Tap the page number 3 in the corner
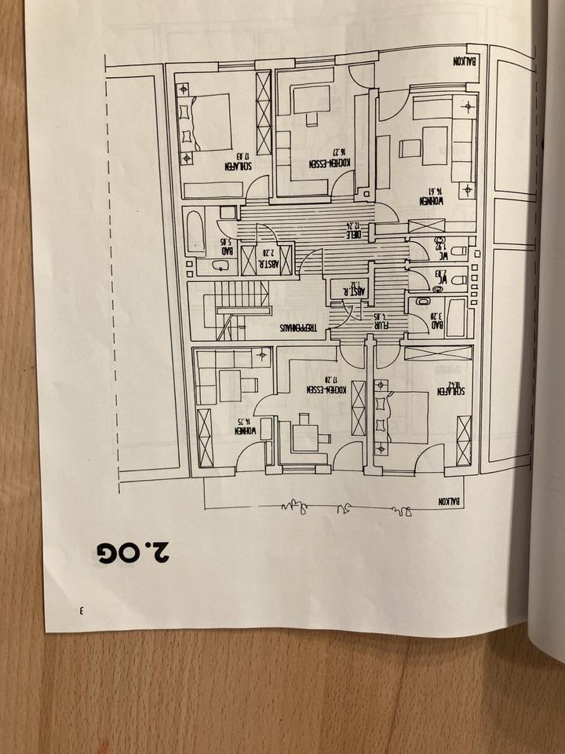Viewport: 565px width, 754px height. pyautogui.click(x=81, y=610)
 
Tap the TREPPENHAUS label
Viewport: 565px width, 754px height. pyautogui.click(x=290, y=329)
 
